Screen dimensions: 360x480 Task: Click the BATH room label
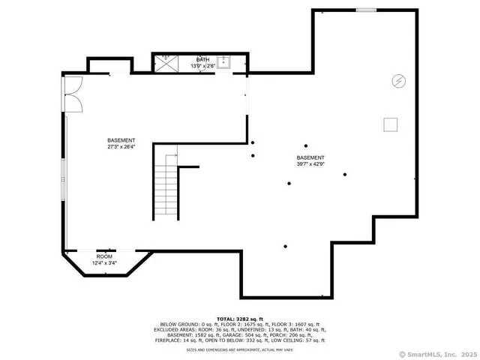pyautogui.click(x=203, y=59)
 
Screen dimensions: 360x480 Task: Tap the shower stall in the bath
pyautogui.click(x=165, y=62)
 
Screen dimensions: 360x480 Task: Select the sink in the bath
pyautogui.click(x=223, y=61)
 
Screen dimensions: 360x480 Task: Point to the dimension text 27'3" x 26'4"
pyautogui.click(x=121, y=147)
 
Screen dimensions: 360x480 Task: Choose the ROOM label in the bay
pyautogui.click(x=104, y=256)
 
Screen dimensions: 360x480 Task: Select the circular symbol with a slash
pyautogui.click(x=399, y=80)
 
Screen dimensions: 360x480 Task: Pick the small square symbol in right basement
pyautogui.click(x=391, y=124)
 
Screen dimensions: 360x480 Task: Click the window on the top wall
pyautogui.click(x=365, y=10)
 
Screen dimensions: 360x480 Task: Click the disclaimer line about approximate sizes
pyautogui.click(x=241, y=349)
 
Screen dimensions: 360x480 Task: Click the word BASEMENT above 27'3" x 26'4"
pyautogui.click(x=121, y=140)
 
